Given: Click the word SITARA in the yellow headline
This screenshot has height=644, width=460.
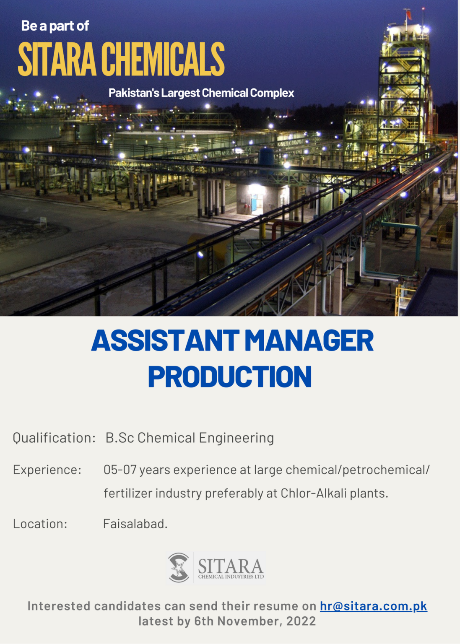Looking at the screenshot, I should [x=57, y=60].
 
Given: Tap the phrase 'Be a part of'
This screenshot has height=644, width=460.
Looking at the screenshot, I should [x=55, y=26].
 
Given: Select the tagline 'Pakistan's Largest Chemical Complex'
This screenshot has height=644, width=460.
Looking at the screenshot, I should [x=201, y=93].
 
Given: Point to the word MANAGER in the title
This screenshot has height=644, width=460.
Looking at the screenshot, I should [x=309, y=340].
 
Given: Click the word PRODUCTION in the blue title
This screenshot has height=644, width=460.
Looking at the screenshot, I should [x=230, y=377].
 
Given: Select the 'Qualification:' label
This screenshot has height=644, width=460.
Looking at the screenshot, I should [x=54, y=438].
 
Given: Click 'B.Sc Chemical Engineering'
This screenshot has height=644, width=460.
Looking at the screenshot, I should [x=190, y=438].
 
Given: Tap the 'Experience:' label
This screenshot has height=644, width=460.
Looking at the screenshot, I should [x=47, y=470].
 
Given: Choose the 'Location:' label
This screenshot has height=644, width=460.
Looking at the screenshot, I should [x=40, y=524].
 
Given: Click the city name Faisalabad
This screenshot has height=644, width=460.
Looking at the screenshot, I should [x=135, y=524].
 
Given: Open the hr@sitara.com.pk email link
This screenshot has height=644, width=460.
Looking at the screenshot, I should [x=373, y=606].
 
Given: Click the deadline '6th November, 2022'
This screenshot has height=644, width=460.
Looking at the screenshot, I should [x=255, y=621].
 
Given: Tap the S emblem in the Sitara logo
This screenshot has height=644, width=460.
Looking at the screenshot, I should [x=179, y=568].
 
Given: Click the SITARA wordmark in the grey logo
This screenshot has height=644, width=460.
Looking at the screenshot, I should [x=230, y=566].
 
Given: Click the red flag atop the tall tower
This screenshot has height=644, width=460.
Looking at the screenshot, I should [x=408, y=15].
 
